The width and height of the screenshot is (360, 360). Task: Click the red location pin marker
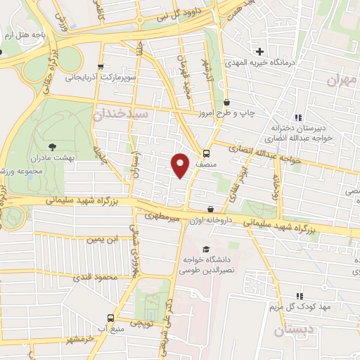(181, 165)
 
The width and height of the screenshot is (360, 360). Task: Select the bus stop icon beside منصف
(206, 153)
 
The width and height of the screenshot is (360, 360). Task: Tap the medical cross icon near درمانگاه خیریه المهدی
(260, 51)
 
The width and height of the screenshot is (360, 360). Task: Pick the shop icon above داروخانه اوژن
(211, 209)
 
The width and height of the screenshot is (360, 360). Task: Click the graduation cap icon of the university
(205, 250)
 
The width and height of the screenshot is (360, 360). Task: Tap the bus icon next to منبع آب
(110, 317)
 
